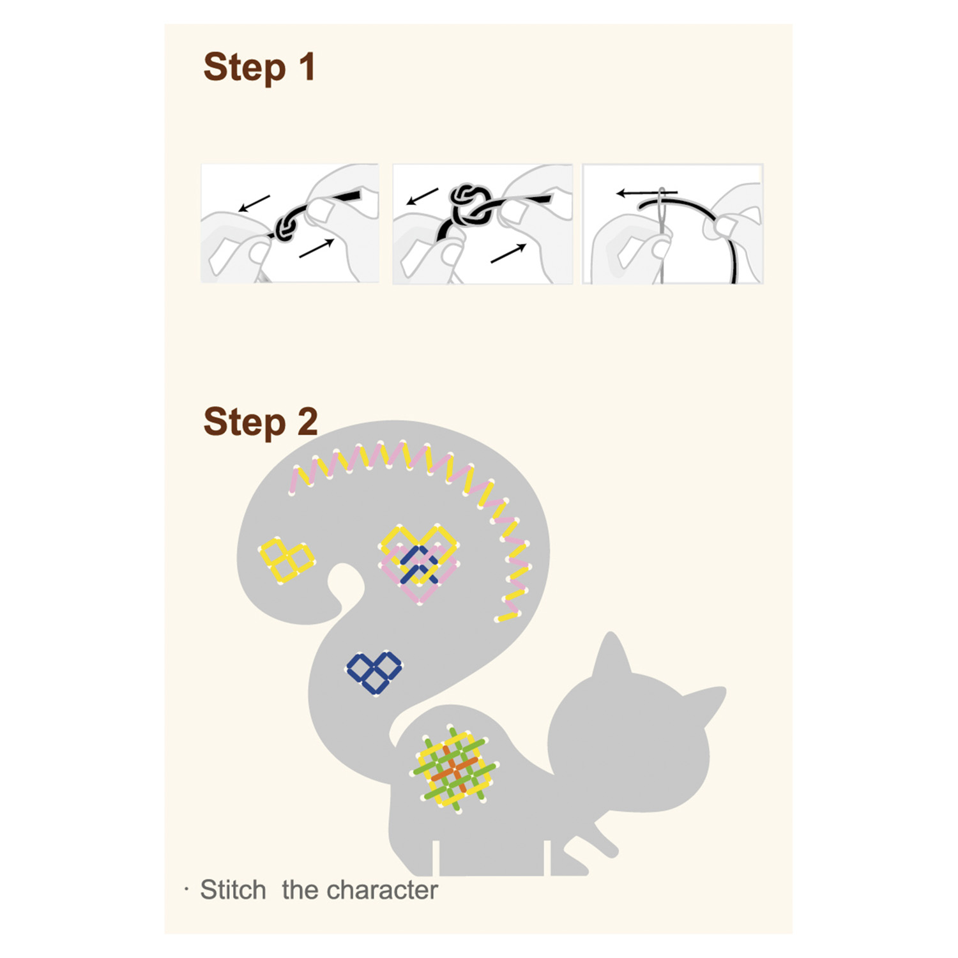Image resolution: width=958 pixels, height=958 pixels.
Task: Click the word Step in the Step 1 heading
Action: (245, 68)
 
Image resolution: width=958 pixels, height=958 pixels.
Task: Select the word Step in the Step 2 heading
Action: (245, 423)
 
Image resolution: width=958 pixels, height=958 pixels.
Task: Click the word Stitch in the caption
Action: (233, 890)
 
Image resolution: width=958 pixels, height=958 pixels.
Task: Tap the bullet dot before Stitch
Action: (186, 889)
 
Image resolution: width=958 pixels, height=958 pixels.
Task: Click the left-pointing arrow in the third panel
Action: (646, 193)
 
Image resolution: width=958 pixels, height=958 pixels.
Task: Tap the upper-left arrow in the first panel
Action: (254, 203)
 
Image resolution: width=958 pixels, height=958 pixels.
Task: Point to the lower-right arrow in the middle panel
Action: (508, 253)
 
